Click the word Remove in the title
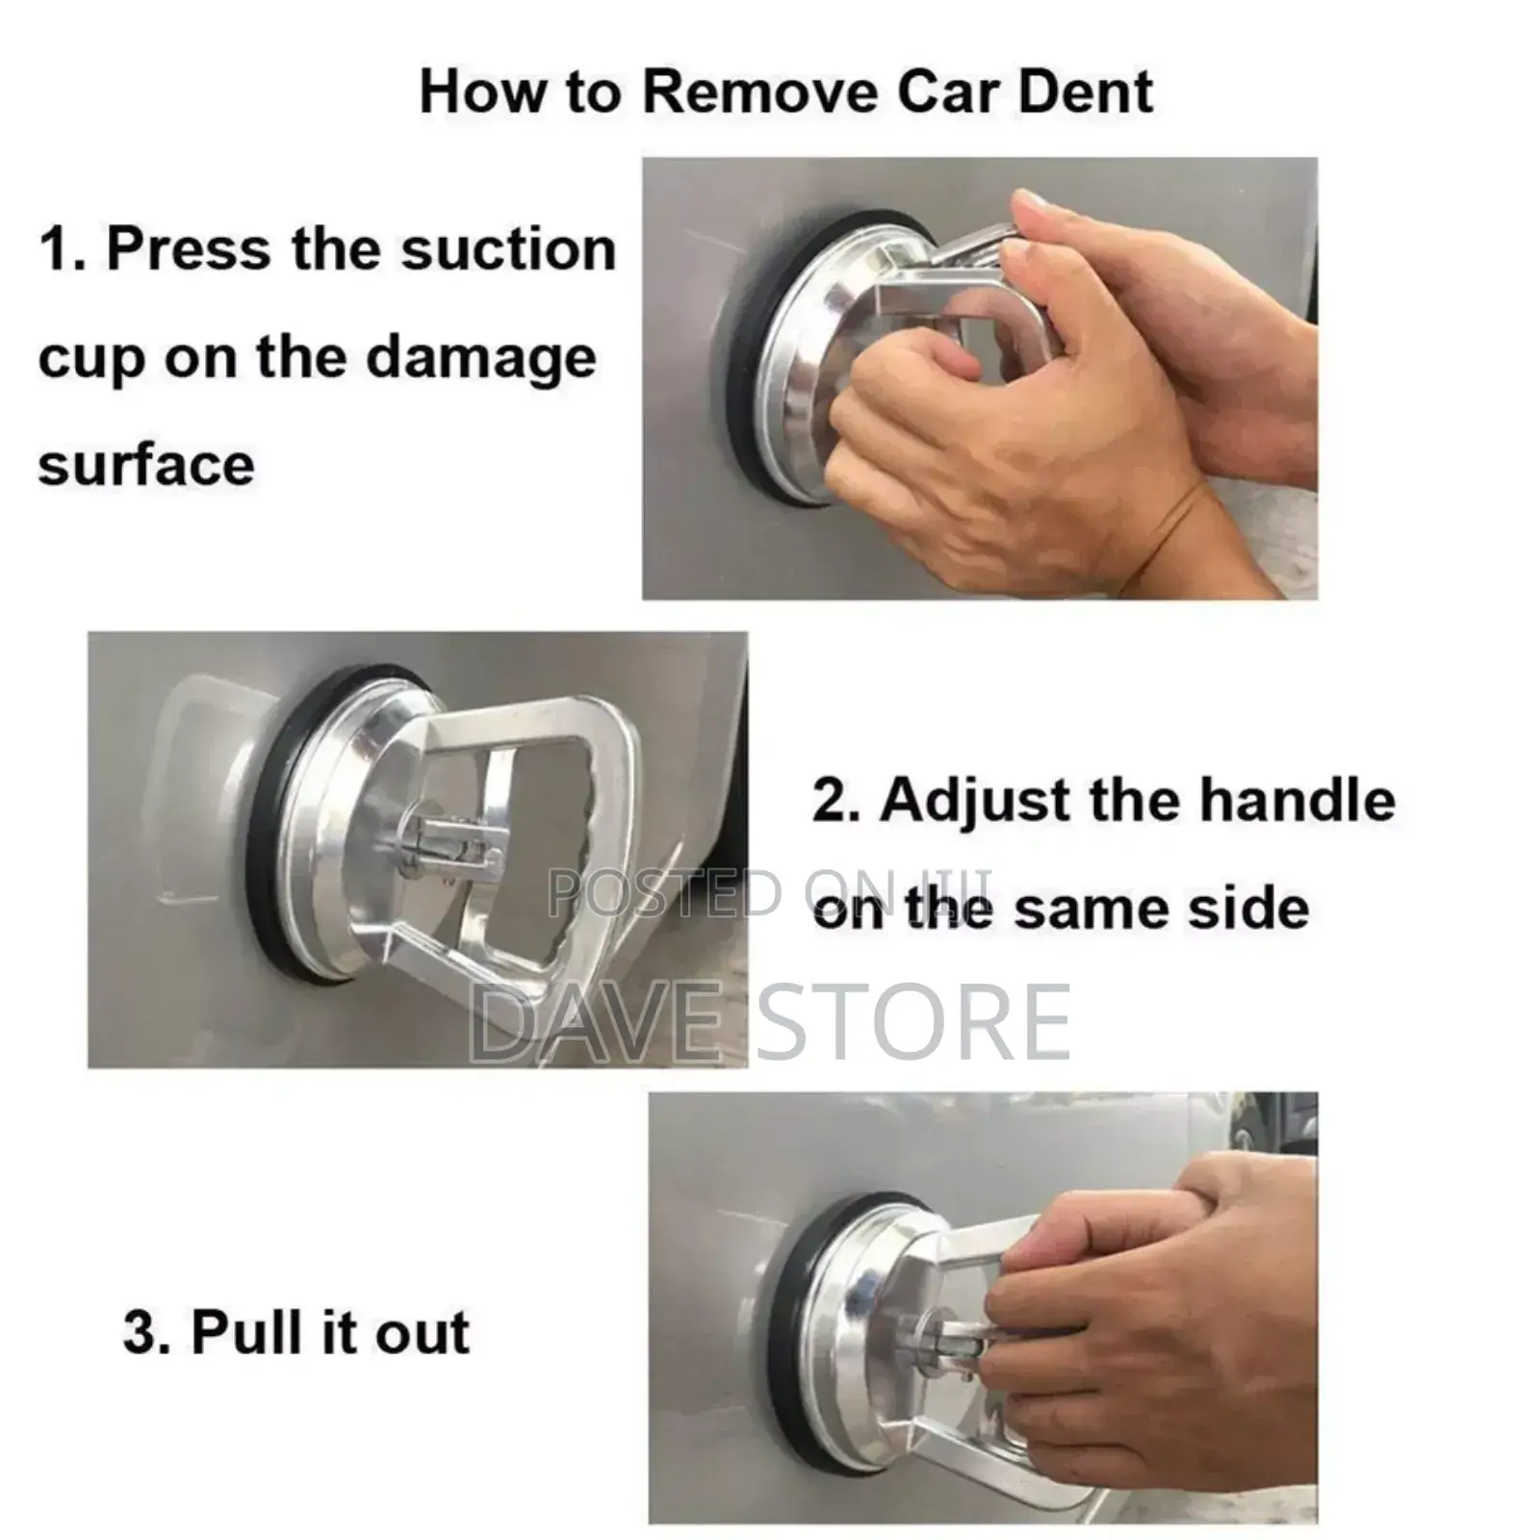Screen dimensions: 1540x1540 [x=760, y=92]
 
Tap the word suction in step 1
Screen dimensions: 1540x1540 [x=508, y=249]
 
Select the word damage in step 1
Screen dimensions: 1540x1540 [x=481, y=358]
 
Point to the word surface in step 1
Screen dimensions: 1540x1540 [x=146, y=465]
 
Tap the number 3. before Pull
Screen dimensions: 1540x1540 [x=146, y=1333]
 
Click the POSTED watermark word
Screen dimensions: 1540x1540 [x=664, y=892]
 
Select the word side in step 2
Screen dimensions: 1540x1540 [x=1262, y=909]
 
